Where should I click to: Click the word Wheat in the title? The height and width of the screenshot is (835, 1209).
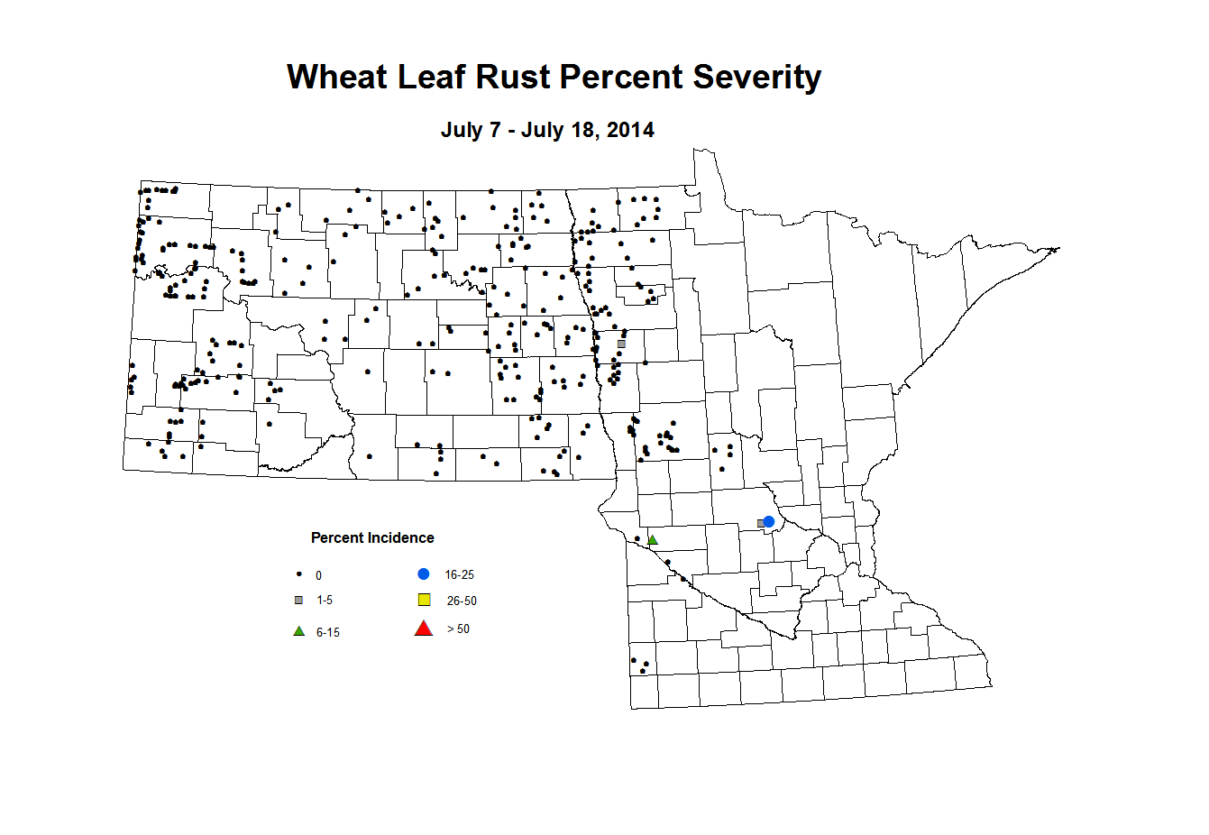[337, 78]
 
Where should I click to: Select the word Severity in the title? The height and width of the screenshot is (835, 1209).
[756, 78]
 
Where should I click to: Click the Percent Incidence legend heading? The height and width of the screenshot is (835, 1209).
[372, 538]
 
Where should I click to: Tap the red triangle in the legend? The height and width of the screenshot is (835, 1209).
[424, 629]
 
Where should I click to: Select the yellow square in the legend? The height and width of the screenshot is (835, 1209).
[425, 601]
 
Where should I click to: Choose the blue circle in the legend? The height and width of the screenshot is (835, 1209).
[424, 574]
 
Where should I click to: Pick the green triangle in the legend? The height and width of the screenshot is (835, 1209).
[299, 631]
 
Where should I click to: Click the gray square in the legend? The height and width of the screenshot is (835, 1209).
[299, 601]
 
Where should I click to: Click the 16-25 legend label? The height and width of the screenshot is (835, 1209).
[459, 575]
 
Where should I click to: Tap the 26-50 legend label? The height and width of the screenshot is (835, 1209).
[462, 601]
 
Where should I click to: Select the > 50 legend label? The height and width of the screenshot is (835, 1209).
[458, 629]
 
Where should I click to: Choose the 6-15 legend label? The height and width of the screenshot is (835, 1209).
[328, 633]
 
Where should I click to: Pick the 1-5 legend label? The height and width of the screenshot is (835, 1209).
[325, 601]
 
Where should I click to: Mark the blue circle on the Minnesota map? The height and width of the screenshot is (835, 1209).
[769, 522]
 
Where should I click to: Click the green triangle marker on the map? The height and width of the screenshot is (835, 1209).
[653, 540]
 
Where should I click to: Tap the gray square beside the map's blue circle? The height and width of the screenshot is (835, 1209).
[760, 523]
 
